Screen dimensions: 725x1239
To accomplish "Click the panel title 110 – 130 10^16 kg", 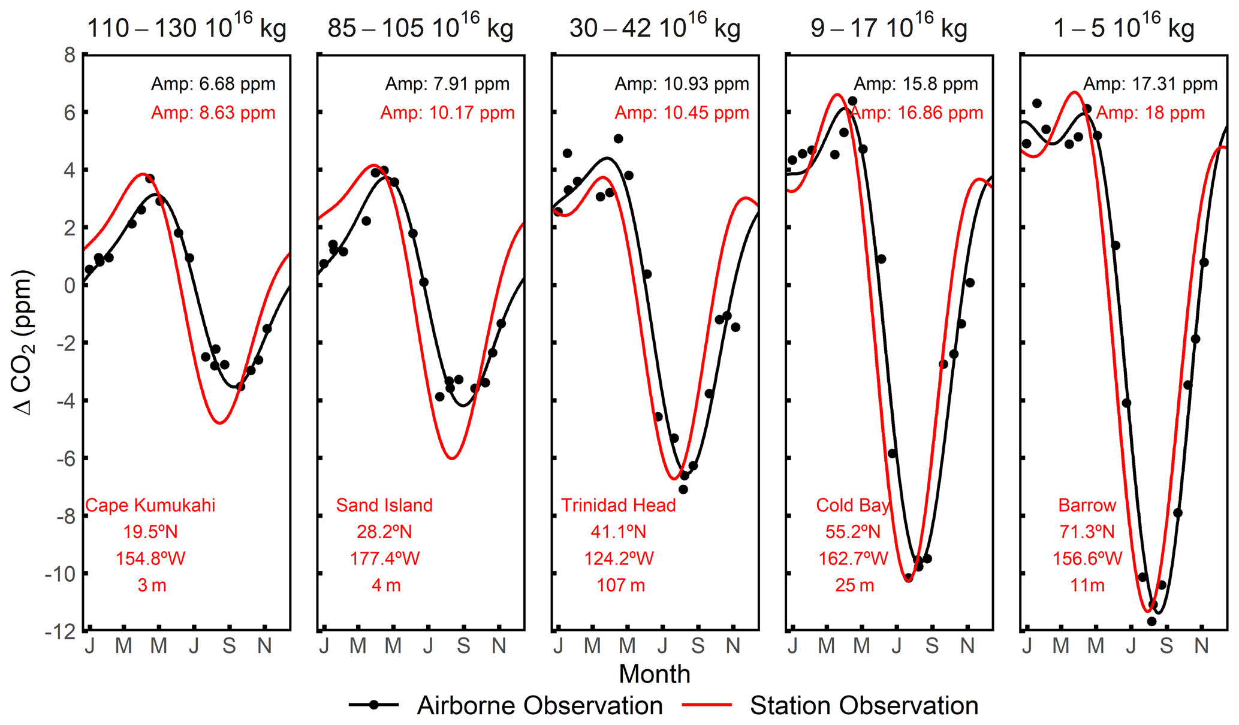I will point(186,28).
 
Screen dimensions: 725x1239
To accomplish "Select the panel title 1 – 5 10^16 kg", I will point(1123,28).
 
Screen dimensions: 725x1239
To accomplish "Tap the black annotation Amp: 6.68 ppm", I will point(213,84).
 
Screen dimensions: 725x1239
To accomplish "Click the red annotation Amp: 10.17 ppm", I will point(447,113).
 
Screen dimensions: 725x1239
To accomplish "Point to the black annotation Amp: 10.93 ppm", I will point(682,84).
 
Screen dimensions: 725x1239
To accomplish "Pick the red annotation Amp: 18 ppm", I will point(1150,113).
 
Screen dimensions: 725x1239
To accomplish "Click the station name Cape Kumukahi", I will point(150,505).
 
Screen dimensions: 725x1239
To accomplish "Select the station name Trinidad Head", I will point(618,505).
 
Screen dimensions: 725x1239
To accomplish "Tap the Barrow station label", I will point(1087,505).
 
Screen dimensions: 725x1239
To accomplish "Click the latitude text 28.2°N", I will point(384,531).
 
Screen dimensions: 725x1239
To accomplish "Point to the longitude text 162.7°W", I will point(853,558).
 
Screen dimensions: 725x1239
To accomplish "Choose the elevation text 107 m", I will point(620,585).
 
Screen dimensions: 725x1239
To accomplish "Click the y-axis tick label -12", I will point(60,631).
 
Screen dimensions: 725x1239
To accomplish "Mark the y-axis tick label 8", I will point(70,55).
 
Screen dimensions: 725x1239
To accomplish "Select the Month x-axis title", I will point(655,674).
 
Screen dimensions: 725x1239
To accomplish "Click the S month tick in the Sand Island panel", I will point(463,646).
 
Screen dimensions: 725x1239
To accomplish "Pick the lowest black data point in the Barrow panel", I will point(1151,621).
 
